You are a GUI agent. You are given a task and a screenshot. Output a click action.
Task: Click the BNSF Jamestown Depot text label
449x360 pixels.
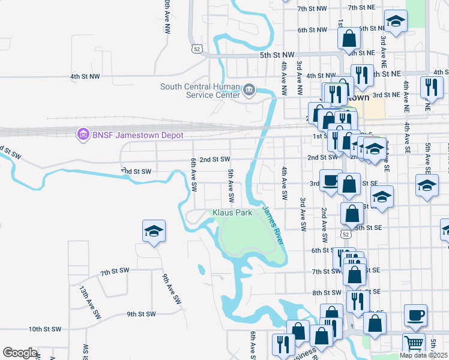point(137,135)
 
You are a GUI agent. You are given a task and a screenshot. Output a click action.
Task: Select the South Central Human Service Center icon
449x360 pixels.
point(248,91)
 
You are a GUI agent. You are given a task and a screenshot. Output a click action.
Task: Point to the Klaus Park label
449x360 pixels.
point(231,212)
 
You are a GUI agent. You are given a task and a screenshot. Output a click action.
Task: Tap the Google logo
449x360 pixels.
point(20,353)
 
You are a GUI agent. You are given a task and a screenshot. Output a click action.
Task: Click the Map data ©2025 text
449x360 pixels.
point(423,355)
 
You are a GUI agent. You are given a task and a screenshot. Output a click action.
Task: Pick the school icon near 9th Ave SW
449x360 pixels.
point(154,231)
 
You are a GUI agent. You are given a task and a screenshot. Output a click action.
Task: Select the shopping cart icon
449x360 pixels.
point(414,344)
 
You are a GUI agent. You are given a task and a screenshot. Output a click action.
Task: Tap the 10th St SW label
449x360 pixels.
point(45,329)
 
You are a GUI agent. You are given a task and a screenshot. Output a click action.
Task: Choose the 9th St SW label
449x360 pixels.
point(141,314)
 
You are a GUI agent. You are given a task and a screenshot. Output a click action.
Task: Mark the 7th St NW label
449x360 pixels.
point(312,8)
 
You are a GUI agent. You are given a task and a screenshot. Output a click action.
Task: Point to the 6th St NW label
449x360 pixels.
point(312,29)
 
